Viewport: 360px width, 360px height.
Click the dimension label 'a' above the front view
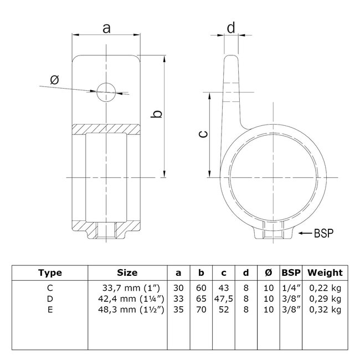pyautogui.click(x=105, y=28)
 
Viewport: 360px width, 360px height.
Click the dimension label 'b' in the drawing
pyautogui.click(x=157, y=114)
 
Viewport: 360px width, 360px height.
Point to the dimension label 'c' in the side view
pyautogui.click(x=203, y=133)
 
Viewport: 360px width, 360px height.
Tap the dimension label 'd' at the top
pyautogui.click(x=231, y=27)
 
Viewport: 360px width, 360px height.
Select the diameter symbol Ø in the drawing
pyautogui.click(x=54, y=80)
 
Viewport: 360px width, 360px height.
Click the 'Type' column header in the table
pyautogui.click(x=50, y=272)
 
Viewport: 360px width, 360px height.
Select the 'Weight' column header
pyautogui.click(x=325, y=272)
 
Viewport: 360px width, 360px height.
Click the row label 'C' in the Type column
pyautogui.click(x=50, y=287)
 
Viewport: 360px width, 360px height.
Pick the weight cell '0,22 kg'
pyautogui.click(x=325, y=287)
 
